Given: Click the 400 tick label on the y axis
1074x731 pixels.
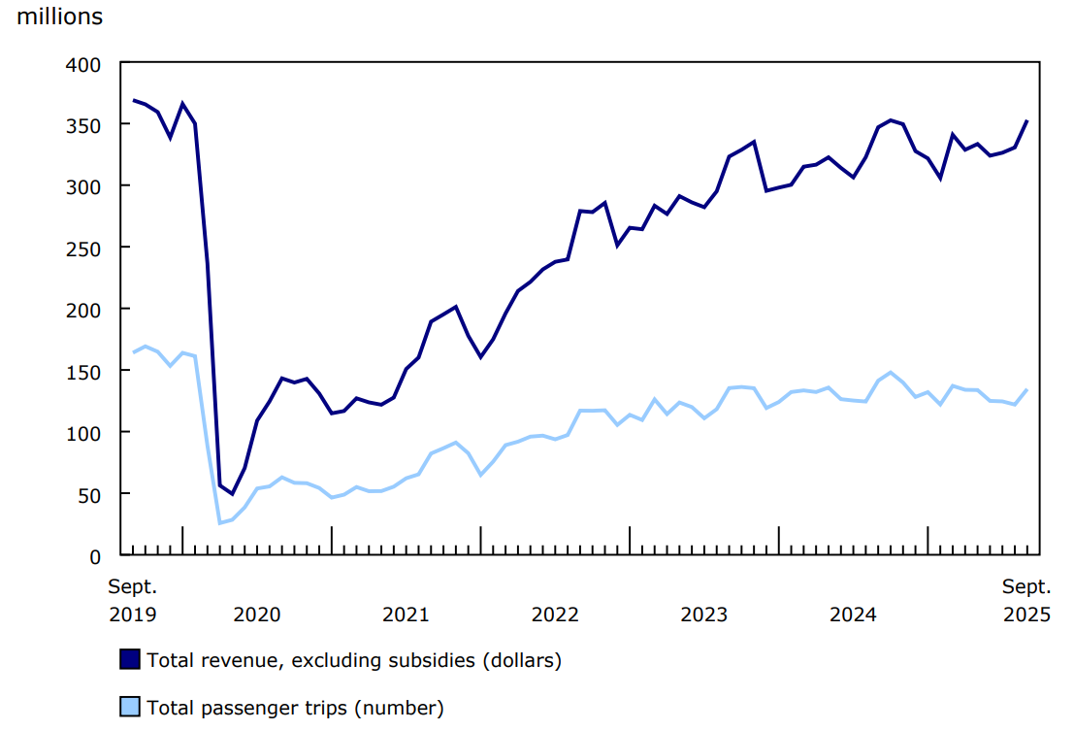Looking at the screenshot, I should click(84, 64).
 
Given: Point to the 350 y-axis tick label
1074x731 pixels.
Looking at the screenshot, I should click(84, 125).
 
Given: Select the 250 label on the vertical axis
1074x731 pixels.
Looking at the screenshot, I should click(84, 249).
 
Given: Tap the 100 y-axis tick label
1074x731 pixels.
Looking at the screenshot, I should click(84, 432).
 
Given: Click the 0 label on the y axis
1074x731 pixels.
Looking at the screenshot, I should click(95, 556).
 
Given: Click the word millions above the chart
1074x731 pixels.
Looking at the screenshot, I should click(59, 17).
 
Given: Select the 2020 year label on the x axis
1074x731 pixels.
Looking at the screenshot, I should click(257, 615).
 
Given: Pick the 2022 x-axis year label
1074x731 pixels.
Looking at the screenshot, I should click(555, 615).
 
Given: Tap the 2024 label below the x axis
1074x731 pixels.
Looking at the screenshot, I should click(853, 615).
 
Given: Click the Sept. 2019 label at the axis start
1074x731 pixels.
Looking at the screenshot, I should click(132, 600).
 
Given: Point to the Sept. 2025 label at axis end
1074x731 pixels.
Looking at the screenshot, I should click(1026, 600).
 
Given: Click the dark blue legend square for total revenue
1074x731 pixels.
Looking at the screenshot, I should click(130, 660).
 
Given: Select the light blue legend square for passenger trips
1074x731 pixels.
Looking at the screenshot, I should click(130, 707).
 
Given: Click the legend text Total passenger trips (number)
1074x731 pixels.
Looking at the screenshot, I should click(295, 708).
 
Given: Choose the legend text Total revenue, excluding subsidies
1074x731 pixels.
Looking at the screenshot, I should click(354, 661).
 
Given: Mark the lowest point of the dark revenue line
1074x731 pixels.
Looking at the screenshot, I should click(232, 493).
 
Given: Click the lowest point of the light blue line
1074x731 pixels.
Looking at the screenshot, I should click(220, 523).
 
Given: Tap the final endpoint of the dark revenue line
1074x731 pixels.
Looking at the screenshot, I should click(1027, 121).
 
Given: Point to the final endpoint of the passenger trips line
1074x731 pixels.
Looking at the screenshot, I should click(1027, 390).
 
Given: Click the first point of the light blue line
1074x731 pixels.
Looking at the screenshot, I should click(133, 352).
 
